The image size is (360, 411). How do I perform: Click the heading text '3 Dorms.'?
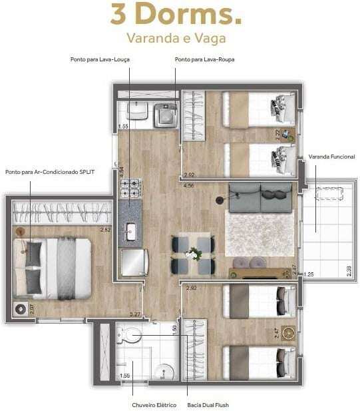176,15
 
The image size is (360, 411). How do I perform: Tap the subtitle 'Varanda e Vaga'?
176,39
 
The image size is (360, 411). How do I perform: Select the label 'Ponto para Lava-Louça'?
100,59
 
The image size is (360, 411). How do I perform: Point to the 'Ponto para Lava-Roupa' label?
204,59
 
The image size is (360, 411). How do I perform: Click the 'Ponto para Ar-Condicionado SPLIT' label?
50,172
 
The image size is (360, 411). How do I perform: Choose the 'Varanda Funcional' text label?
331,157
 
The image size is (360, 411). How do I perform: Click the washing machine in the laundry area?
163,115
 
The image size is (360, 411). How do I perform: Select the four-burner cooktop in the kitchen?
130,188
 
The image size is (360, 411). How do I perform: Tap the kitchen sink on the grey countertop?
131,232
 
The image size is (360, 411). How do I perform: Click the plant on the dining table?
193,254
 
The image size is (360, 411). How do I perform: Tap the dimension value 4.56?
189,186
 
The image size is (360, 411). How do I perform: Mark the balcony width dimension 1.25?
308,274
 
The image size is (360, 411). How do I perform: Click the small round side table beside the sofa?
220,200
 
